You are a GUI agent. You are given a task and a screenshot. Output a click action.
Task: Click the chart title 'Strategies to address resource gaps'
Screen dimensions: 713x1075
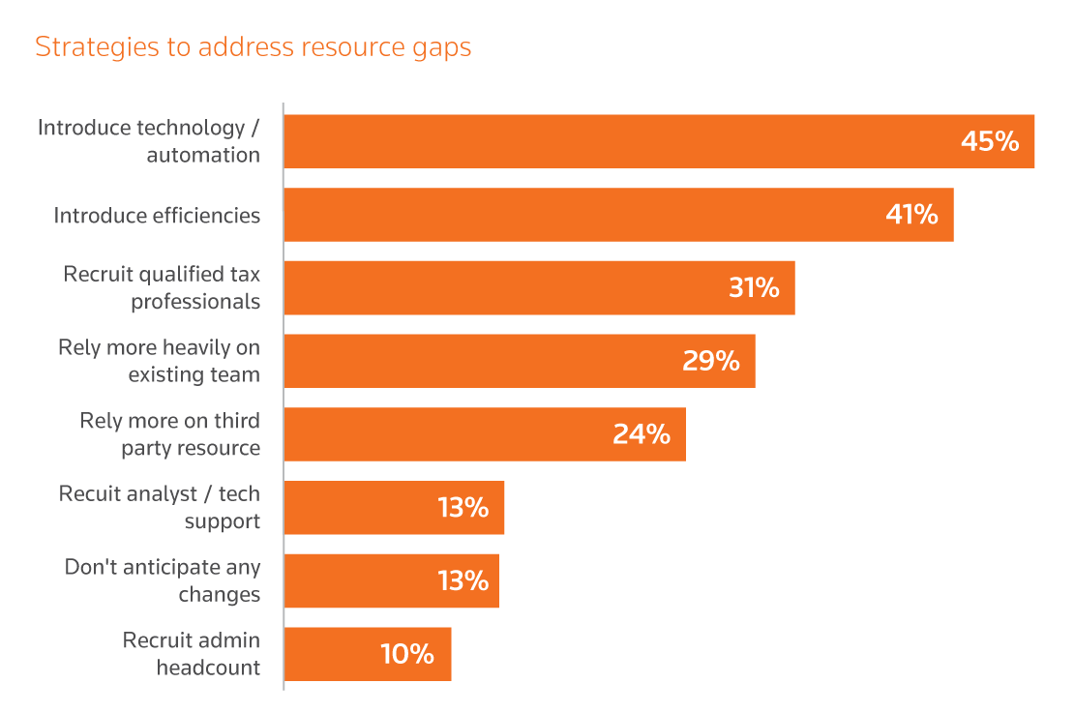click(253, 47)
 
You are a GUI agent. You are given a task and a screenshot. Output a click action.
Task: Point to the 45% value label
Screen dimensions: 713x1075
click(989, 142)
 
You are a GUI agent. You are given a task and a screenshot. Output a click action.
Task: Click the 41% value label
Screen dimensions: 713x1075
click(911, 215)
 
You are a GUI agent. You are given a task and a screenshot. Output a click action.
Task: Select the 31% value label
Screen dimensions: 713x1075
click(754, 287)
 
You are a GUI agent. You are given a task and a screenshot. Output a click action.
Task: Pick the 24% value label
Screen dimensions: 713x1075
click(641, 434)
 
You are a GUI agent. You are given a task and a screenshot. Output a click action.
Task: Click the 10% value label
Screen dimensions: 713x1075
click(406, 654)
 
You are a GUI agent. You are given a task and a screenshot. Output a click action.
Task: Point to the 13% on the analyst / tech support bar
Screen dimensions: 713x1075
click(463, 507)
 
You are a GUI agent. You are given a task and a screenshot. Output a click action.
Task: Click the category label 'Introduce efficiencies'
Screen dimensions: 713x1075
click(157, 215)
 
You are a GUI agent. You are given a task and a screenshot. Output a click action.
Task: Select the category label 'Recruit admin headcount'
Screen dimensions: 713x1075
click(192, 653)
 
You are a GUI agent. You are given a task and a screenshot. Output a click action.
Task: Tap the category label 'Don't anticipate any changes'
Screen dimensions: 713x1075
click(163, 580)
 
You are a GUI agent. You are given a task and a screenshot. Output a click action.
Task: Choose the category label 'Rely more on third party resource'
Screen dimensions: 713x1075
click(170, 434)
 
